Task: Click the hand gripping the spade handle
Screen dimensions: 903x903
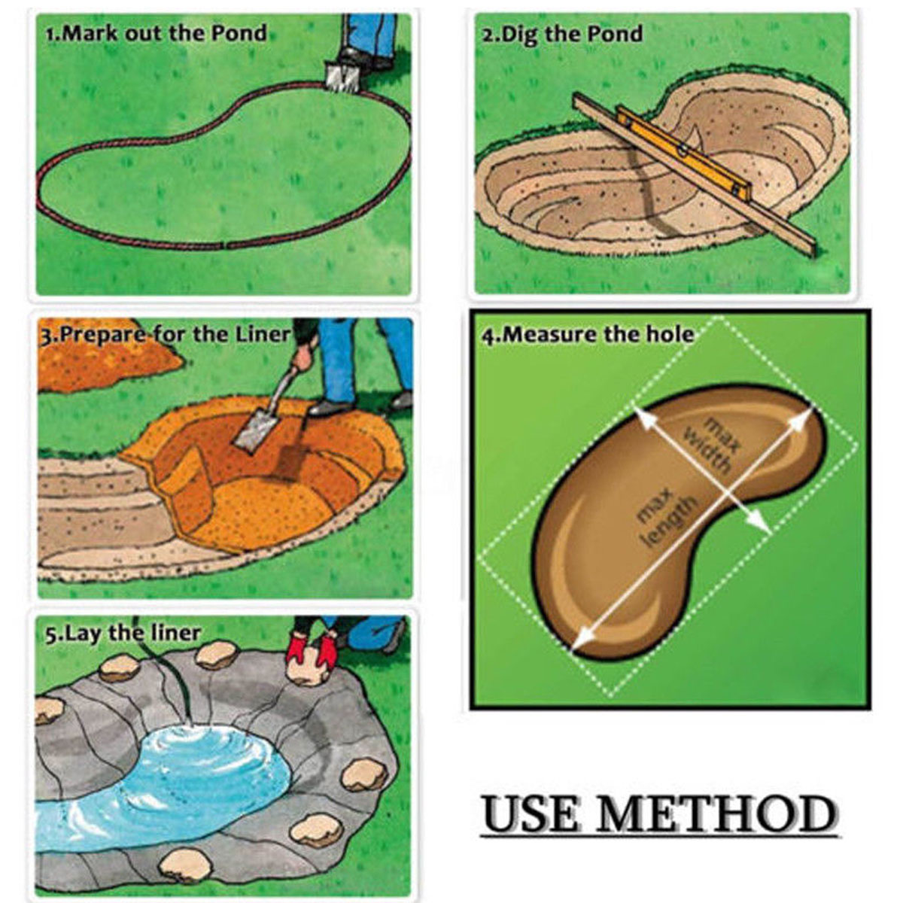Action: point(303,358)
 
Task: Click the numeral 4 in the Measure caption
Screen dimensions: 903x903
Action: point(486,336)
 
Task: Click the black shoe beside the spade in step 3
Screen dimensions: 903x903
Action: point(330,407)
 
